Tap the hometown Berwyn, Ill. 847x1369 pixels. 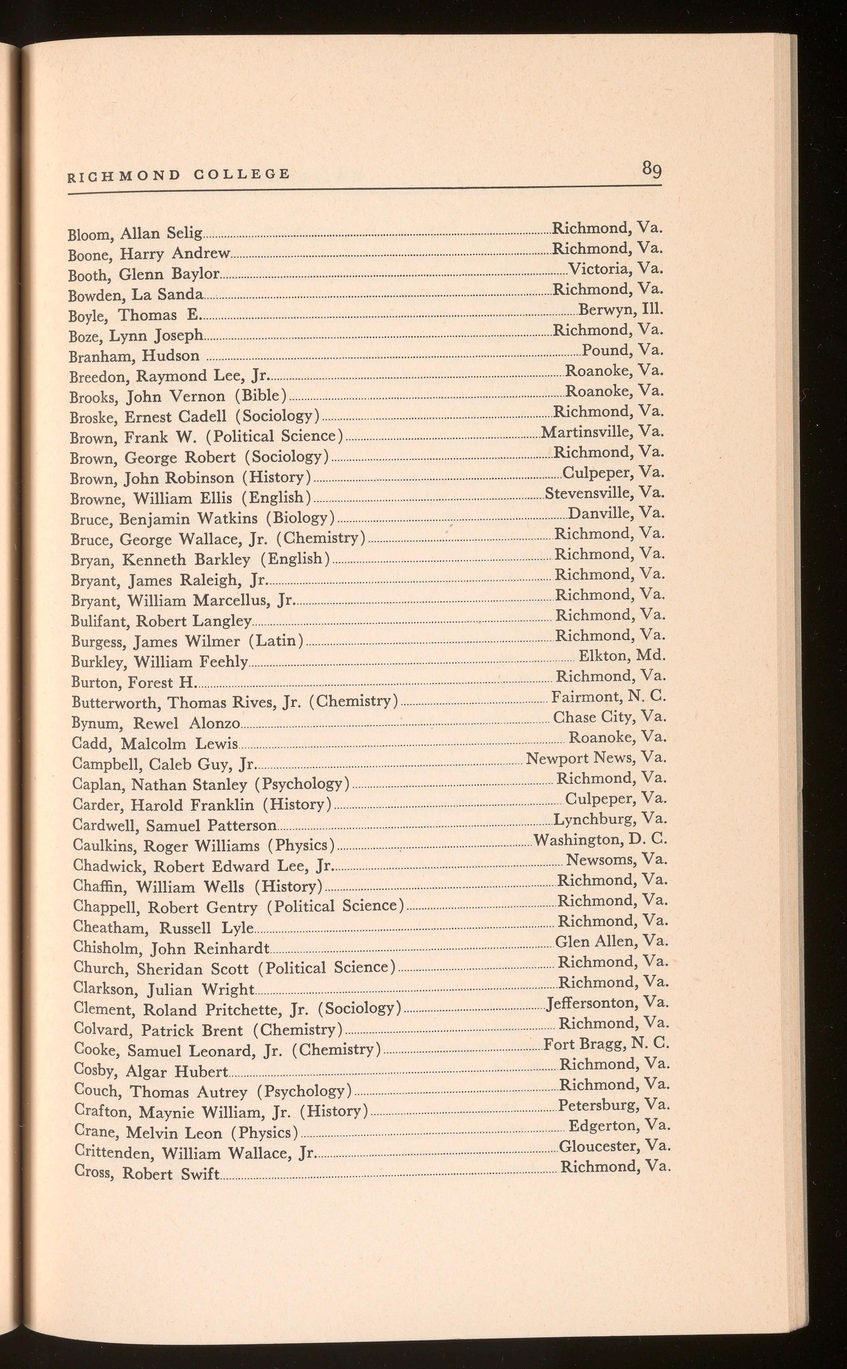tap(621, 309)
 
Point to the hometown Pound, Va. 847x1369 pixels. tap(623, 350)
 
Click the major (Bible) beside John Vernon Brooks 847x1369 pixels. tap(261, 396)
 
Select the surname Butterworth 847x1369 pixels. tap(117, 703)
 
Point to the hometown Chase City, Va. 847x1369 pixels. tap(609, 717)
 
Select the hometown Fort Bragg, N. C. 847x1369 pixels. tap(606, 1043)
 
